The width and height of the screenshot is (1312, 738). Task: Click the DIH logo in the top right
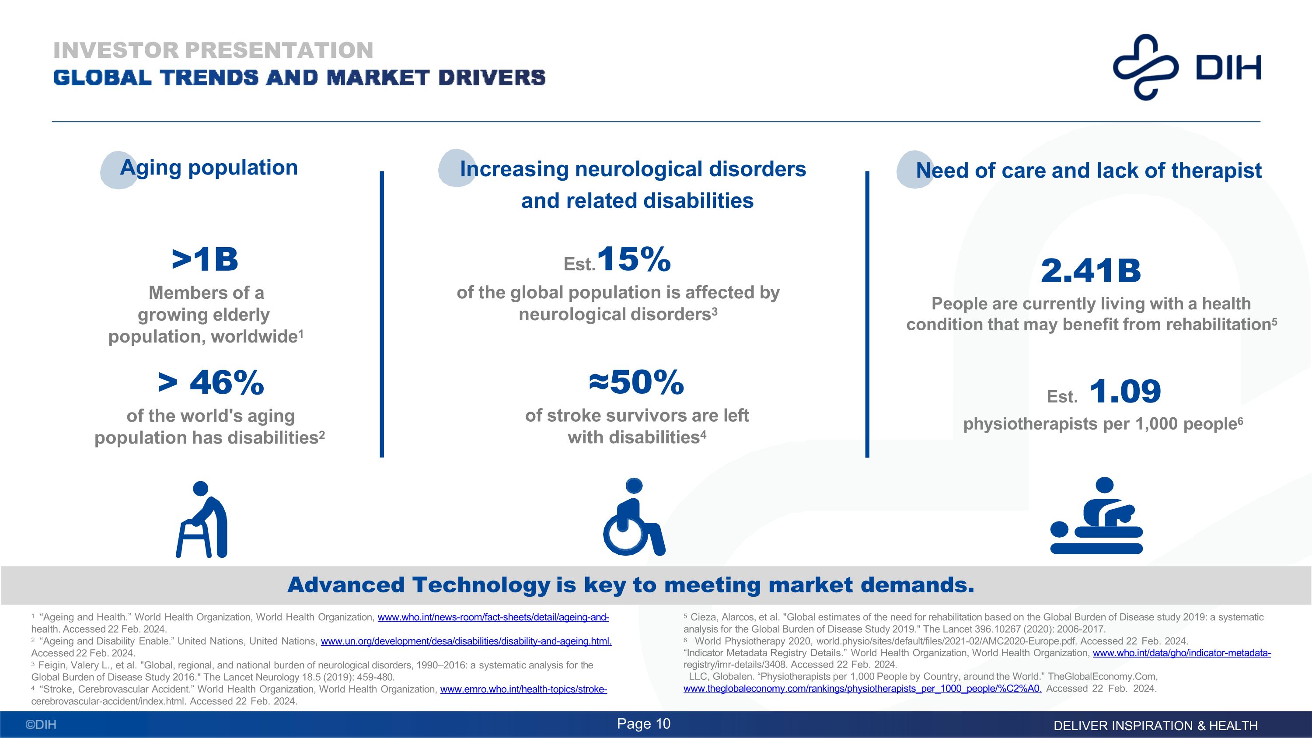click(x=1187, y=67)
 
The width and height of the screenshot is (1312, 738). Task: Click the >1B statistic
click(x=205, y=260)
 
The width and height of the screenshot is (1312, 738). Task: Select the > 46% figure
click(x=211, y=383)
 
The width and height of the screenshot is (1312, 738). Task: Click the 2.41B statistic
click(x=1090, y=271)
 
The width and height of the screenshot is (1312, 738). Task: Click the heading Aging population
click(x=209, y=168)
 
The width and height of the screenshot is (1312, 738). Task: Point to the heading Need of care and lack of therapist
click(x=1089, y=171)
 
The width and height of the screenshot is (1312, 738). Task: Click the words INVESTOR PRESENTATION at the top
click(x=213, y=50)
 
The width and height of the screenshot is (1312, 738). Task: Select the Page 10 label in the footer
click(x=644, y=724)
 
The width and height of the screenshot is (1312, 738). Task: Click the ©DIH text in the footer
click(x=41, y=725)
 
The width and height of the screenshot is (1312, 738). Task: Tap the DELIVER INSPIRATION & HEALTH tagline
click(x=1155, y=726)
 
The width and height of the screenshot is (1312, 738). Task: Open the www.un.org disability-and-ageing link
click(x=465, y=641)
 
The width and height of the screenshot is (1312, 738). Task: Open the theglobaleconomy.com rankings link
click(x=862, y=689)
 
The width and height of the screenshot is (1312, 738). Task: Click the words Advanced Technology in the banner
click(x=419, y=585)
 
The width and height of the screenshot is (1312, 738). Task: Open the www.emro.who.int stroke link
click(x=523, y=689)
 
